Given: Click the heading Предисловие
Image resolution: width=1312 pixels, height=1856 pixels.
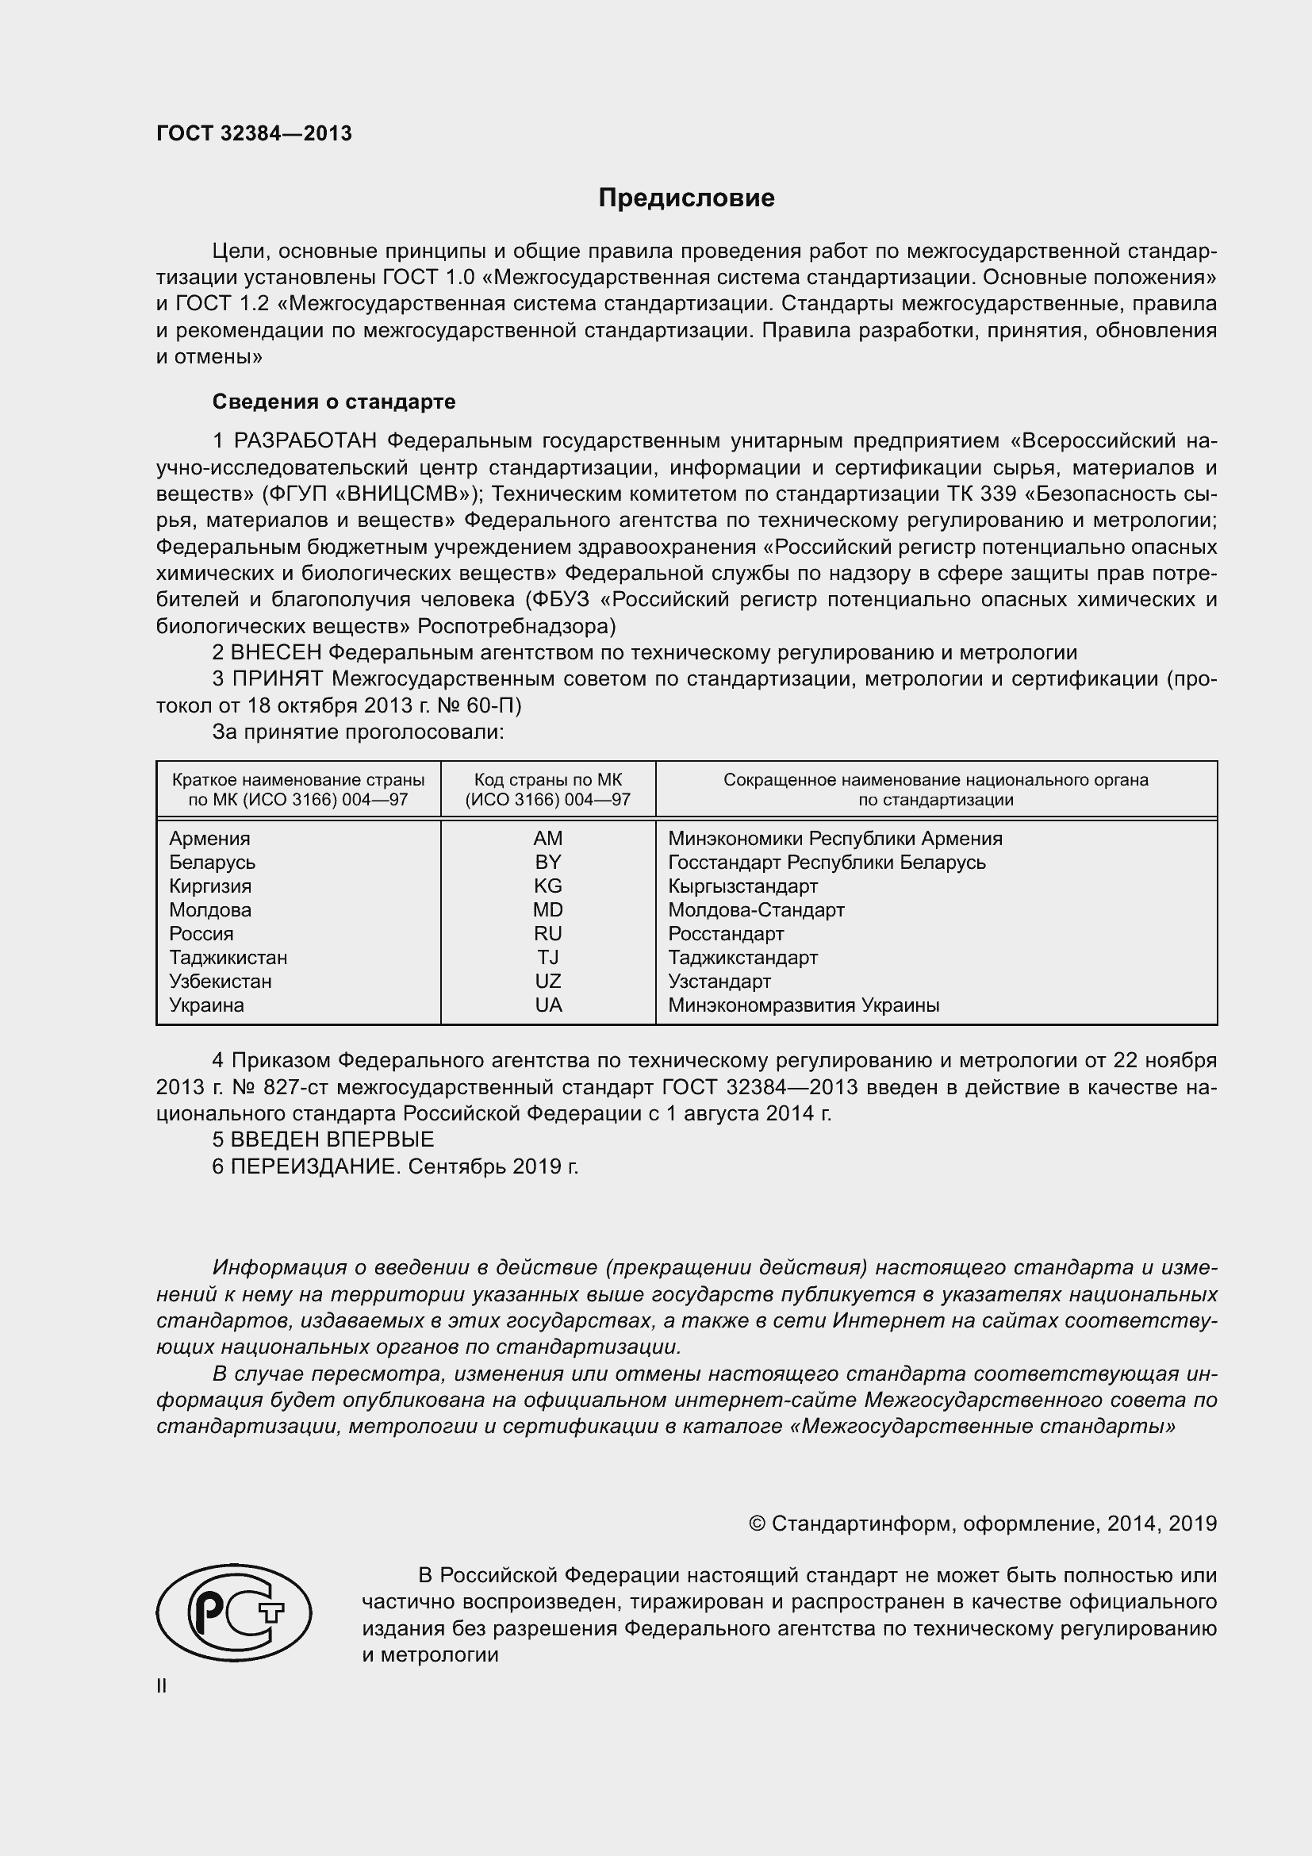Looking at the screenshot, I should tap(686, 198).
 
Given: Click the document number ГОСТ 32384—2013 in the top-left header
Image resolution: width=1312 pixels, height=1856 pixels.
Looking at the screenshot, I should tap(254, 134).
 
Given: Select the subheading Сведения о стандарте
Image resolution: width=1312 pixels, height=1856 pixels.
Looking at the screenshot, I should tap(334, 402).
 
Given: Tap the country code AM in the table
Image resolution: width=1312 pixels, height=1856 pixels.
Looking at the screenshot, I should tap(548, 838).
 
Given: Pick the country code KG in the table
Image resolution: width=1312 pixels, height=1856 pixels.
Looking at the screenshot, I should tap(548, 886).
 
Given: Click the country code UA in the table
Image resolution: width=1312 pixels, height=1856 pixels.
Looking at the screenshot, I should tap(548, 1005).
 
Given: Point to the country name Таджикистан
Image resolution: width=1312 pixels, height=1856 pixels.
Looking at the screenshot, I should tap(228, 957).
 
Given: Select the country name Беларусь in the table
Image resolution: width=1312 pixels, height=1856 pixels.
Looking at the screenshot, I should tap(212, 862).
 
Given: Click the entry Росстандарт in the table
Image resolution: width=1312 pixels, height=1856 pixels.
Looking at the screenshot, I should tap(726, 934).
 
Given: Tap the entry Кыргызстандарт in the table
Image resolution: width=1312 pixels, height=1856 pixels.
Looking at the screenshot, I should tap(742, 886).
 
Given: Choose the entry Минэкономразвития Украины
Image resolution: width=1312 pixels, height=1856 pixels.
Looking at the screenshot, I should tap(803, 1005).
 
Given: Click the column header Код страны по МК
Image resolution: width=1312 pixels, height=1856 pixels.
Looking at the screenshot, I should tap(548, 780).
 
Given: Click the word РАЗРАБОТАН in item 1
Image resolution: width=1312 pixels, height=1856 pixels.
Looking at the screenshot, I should tap(305, 440).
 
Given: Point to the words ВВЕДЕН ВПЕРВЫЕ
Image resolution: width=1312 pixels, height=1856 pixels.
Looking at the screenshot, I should tap(332, 1139).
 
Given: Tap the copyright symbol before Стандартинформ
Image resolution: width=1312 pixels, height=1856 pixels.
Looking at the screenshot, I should tap(756, 1524).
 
